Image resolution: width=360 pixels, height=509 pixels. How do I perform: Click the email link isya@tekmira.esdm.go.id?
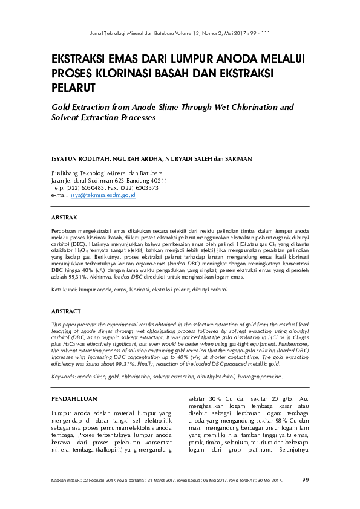tap(103, 195)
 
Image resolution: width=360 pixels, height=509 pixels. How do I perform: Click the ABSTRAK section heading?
tap(64, 216)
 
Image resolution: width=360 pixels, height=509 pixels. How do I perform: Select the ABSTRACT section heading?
tap(65, 311)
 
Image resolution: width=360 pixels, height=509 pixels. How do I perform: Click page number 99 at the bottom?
tap(306, 480)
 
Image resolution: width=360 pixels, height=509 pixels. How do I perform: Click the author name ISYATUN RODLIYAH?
tap(80, 159)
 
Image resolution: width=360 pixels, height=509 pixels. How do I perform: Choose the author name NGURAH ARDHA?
tap(136, 159)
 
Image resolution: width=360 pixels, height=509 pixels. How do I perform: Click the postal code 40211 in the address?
tap(156, 180)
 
